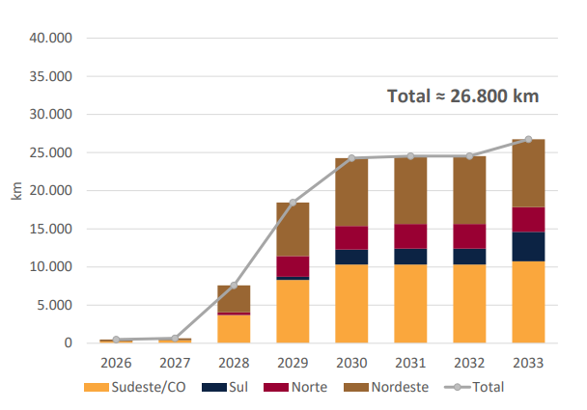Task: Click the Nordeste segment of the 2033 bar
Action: pos(528,174)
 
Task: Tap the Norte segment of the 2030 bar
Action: pos(351,238)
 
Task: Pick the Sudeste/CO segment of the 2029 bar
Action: pos(293,311)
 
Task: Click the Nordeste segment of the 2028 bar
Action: pos(234,298)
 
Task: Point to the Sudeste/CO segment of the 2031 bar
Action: pos(410,303)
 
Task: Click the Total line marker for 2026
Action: pos(116,340)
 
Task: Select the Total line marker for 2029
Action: pos(293,203)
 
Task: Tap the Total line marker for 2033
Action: pos(528,139)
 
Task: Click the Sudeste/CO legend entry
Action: pos(136,387)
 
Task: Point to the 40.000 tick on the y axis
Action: pos(52,38)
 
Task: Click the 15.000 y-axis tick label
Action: pos(52,229)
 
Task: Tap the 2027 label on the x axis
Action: pos(175,363)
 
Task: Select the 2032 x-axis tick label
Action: pos(469,363)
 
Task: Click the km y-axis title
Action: pos(16,190)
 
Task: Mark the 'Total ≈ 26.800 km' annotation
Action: pos(462,96)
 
